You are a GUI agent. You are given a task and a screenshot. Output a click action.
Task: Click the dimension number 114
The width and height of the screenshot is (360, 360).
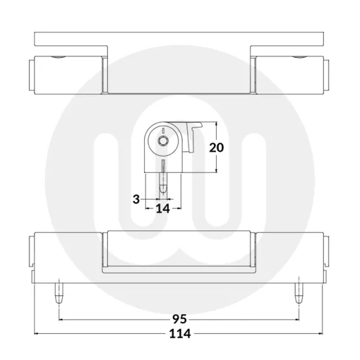click(179, 334)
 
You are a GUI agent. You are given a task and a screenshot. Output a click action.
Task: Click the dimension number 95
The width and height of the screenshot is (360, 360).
click(179, 319)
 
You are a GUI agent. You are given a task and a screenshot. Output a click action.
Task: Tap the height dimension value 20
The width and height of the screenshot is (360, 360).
click(216, 147)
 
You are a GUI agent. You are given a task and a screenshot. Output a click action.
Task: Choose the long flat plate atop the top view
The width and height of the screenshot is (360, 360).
click(179, 39)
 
